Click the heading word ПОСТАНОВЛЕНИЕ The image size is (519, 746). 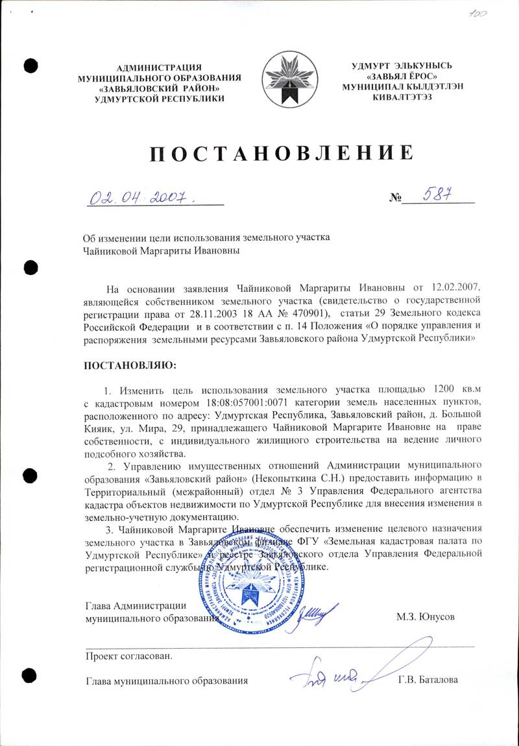282,154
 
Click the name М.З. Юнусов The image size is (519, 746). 426,616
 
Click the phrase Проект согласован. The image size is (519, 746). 130,655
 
